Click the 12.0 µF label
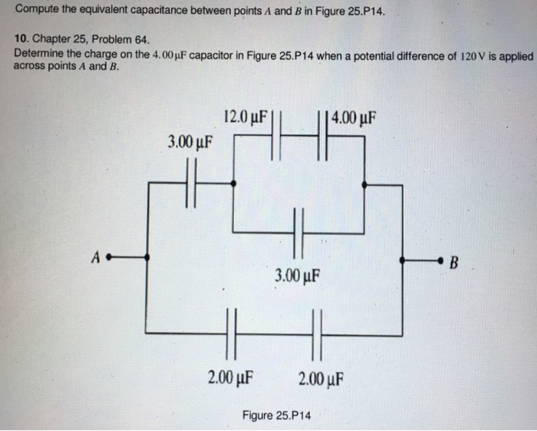pyautogui.click(x=246, y=118)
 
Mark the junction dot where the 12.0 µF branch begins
pyautogui.click(x=233, y=184)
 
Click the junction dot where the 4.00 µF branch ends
pyautogui.click(x=364, y=184)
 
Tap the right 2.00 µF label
pyautogui.click(x=321, y=377)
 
